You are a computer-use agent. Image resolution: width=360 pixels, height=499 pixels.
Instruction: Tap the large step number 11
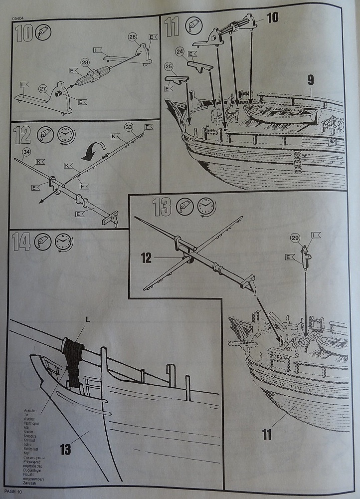coord(172,27)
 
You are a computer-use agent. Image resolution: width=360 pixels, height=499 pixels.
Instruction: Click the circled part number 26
coord(132,37)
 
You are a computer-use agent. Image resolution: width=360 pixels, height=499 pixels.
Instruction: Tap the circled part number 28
coord(85,62)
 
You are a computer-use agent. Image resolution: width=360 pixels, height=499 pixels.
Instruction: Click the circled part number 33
coord(129,127)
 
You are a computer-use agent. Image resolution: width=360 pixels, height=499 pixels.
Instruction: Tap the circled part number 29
coord(295,239)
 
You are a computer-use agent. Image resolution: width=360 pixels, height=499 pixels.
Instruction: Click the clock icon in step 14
coord(63,242)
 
